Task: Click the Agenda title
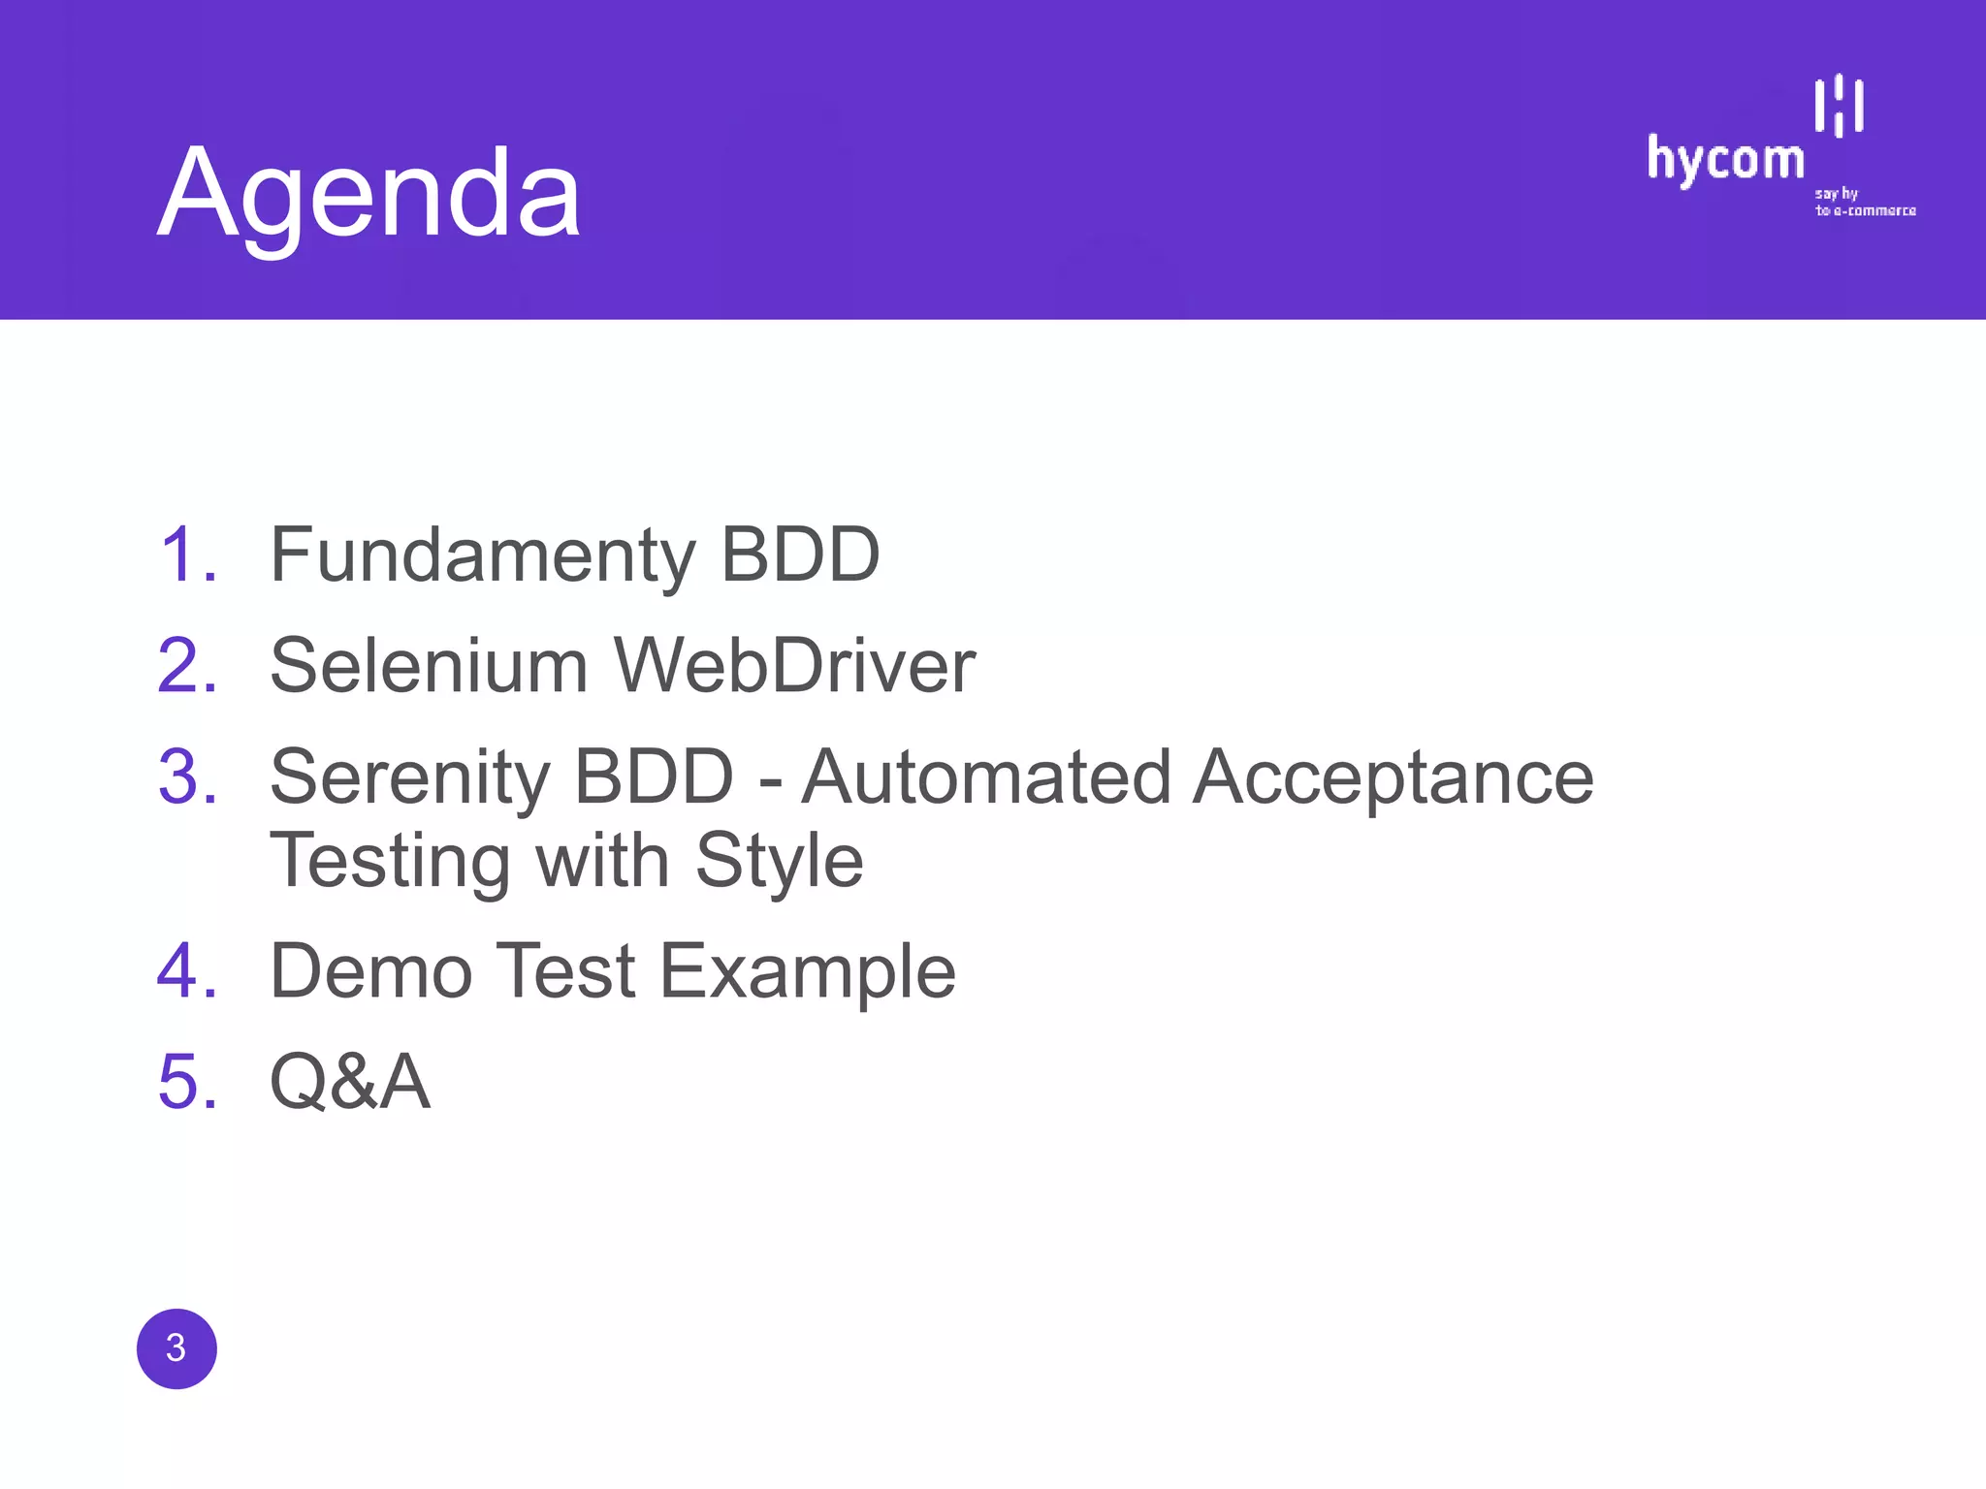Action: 369,194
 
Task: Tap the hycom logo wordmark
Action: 1725,160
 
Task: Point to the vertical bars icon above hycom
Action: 1839,105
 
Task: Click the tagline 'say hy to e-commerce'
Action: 1864,203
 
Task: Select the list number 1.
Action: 187,555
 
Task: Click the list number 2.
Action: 187,667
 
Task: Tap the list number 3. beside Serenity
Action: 187,777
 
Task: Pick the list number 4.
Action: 187,971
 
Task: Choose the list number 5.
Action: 187,1082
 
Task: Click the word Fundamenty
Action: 483,555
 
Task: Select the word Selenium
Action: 429,667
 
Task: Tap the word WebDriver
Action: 795,667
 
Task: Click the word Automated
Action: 986,777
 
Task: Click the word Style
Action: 779,862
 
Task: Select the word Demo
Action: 371,971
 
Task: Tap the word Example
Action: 808,973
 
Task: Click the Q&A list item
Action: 350,1082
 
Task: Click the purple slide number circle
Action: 176,1348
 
